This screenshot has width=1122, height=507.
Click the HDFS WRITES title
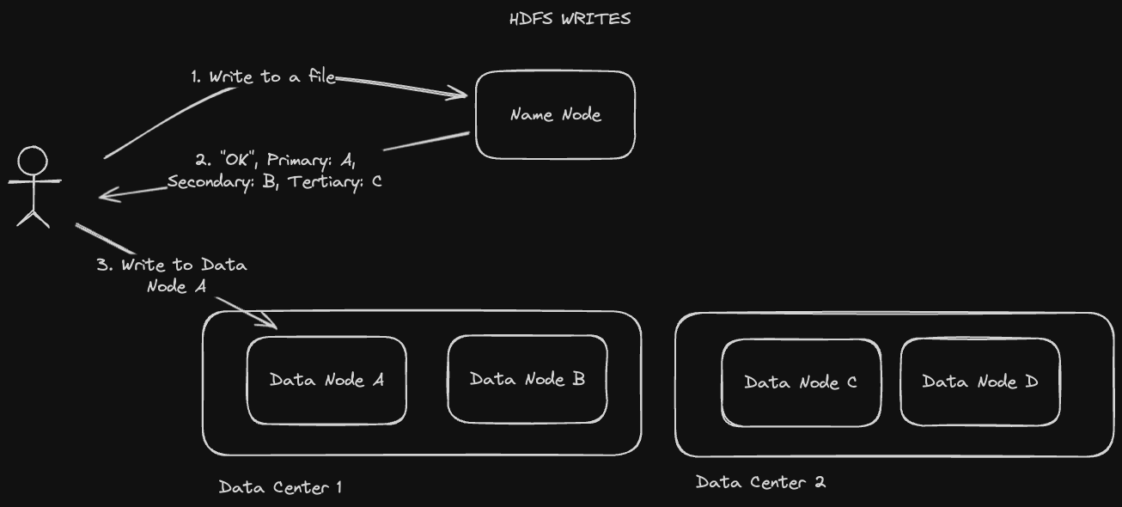[570, 18]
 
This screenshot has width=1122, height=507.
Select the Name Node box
[555, 114]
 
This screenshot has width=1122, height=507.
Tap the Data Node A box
[326, 380]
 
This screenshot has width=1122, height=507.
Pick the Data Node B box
[527, 379]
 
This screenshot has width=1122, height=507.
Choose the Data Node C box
[801, 382]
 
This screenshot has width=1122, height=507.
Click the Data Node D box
[979, 382]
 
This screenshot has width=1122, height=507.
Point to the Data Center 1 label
[280, 487]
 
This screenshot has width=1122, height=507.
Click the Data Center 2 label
[760, 482]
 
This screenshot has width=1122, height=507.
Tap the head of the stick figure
[34, 162]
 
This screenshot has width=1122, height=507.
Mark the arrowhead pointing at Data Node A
[273, 325]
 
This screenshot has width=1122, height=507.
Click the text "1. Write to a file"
[263, 76]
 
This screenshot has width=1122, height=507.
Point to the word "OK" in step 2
[236, 160]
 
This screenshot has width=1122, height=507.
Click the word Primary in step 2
[298, 160]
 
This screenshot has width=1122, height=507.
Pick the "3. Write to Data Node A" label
[173, 275]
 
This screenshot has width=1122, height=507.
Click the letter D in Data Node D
[1031, 382]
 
